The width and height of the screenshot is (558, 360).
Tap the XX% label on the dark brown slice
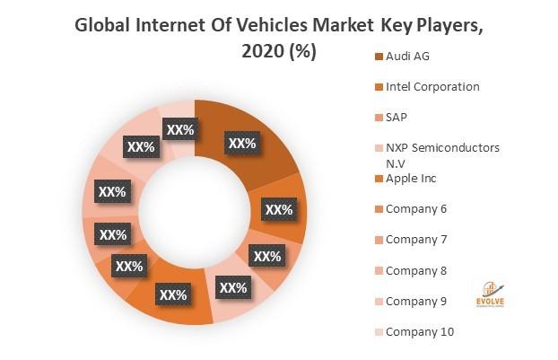[x=242, y=142]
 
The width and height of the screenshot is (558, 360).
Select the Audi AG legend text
[x=408, y=56]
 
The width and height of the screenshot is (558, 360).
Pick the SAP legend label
[x=397, y=117]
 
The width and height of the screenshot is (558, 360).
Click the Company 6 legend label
[x=415, y=209]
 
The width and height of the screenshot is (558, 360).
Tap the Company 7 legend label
[x=415, y=240]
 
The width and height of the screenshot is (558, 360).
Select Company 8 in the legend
[x=415, y=270]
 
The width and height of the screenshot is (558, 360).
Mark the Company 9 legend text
[x=415, y=301]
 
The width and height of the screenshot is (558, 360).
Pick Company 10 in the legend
[x=419, y=331]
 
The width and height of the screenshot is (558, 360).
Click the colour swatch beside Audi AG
[x=377, y=56]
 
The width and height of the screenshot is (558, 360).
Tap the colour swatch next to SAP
[x=377, y=117]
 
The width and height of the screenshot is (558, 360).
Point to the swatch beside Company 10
[x=377, y=331]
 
